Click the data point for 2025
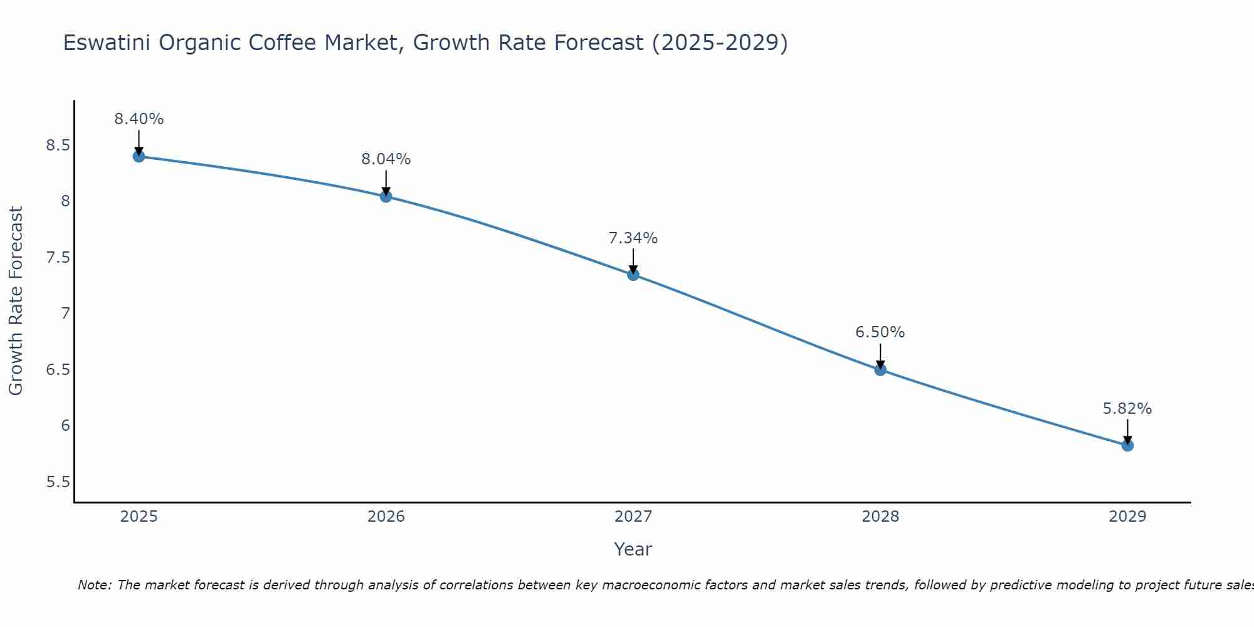coord(139,156)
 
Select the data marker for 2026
coord(386,196)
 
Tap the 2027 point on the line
coord(633,275)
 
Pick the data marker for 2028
coord(880,369)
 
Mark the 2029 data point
coord(1127,445)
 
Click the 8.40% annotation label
coord(139,119)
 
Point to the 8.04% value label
coord(386,159)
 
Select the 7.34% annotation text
coord(633,238)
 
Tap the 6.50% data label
coord(880,332)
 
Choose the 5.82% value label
coord(1127,409)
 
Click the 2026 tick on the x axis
coord(386,517)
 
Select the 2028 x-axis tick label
coord(880,517)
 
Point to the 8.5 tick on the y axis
coord(58,145)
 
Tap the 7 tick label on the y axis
coord(65,313)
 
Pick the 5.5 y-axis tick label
coord(58,482)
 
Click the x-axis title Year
coord(633,549)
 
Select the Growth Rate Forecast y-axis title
coord(16,301)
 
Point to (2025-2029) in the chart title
coord(720,43)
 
